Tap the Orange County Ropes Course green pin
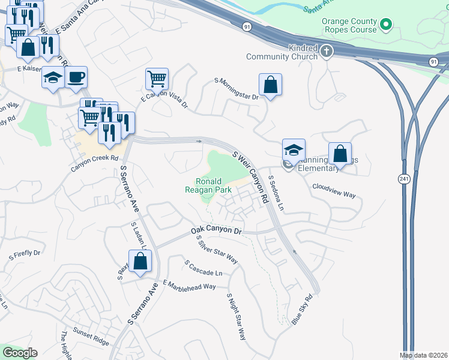click(387, 25)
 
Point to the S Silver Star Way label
click(217, 249)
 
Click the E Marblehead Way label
click(189, 286)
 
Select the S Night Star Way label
click(237, 317)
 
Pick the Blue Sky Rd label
click(303, 310)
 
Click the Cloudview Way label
click(334, 191)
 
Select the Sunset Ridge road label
click(91, 336)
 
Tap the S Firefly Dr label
click(24, 255)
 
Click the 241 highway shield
click(403, 179)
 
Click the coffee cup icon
click(76, 77)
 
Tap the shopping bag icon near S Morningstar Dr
click(271, 85)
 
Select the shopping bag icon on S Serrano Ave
click(140, 261)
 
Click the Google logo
click(20, 353)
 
